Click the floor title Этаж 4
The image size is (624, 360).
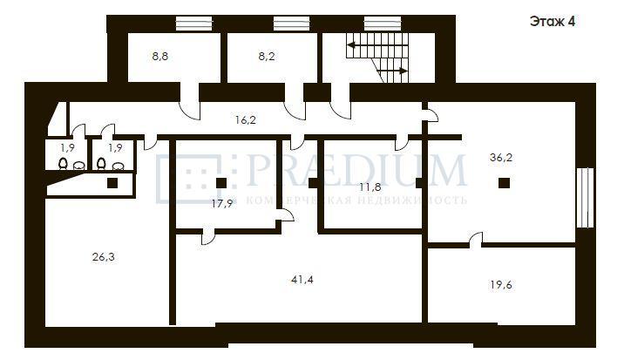553,22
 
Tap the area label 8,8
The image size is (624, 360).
160,57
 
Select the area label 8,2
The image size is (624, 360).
266,57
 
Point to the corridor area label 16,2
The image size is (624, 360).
246,120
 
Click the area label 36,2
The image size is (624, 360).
501,158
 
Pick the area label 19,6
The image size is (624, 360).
501,285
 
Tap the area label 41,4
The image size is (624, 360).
302,280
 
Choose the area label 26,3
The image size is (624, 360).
104,257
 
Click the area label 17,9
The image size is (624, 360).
222,204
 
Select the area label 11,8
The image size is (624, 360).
370,187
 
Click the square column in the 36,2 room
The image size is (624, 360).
505,183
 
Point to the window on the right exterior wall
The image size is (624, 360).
585,198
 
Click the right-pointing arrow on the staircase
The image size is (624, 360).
392,71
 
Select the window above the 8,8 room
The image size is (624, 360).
194,24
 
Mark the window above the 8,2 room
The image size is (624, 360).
292,24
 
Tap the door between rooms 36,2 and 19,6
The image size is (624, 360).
476,240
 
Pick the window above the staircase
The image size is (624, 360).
383,24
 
